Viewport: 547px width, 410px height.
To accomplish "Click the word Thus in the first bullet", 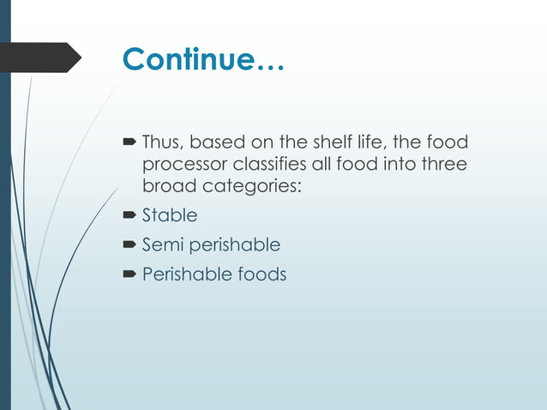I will (161, 141).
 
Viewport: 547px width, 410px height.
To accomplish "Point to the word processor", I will (183, 163).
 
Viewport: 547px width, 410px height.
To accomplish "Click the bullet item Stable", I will (169, 214).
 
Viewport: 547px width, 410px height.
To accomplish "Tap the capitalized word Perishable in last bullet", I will (183, 274).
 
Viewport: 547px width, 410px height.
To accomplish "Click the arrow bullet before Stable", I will (130, 215).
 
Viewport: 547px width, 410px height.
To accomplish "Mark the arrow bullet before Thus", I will (130, 142).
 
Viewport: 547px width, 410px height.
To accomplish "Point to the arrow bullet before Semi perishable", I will (130, 245).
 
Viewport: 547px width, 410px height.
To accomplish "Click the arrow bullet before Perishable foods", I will (130, 275).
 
